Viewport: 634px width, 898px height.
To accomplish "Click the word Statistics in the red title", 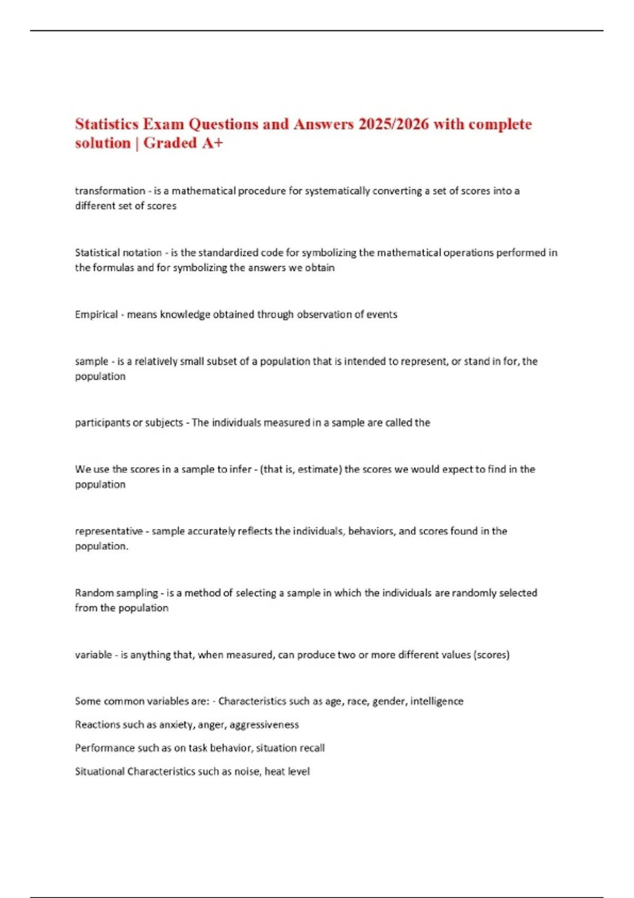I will coord(107,124).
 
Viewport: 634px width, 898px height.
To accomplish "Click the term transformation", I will coord(110,191).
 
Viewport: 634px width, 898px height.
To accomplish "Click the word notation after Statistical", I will coord(140,252).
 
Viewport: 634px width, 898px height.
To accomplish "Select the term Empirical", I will coord(96,314).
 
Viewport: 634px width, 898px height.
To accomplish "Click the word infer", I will coord(241,469).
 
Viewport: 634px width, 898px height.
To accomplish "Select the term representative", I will coord(109,531).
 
